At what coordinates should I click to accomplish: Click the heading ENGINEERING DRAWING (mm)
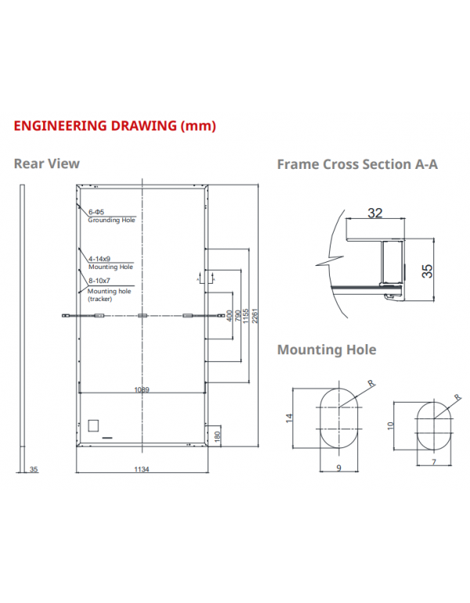coord(115,125)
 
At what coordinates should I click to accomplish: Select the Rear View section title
coord(47,163)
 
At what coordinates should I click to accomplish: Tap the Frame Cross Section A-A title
coord(357,164)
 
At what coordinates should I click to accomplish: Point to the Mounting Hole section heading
coord(327,350)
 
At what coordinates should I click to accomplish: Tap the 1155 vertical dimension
coord(246,316)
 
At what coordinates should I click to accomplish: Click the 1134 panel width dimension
coord(141,469)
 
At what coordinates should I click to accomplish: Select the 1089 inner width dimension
coord(141,389)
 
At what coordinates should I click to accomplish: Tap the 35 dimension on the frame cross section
coord(427,271)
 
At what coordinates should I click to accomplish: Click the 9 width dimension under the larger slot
coord(338,468)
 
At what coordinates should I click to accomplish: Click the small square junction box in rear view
coord(93,425)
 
